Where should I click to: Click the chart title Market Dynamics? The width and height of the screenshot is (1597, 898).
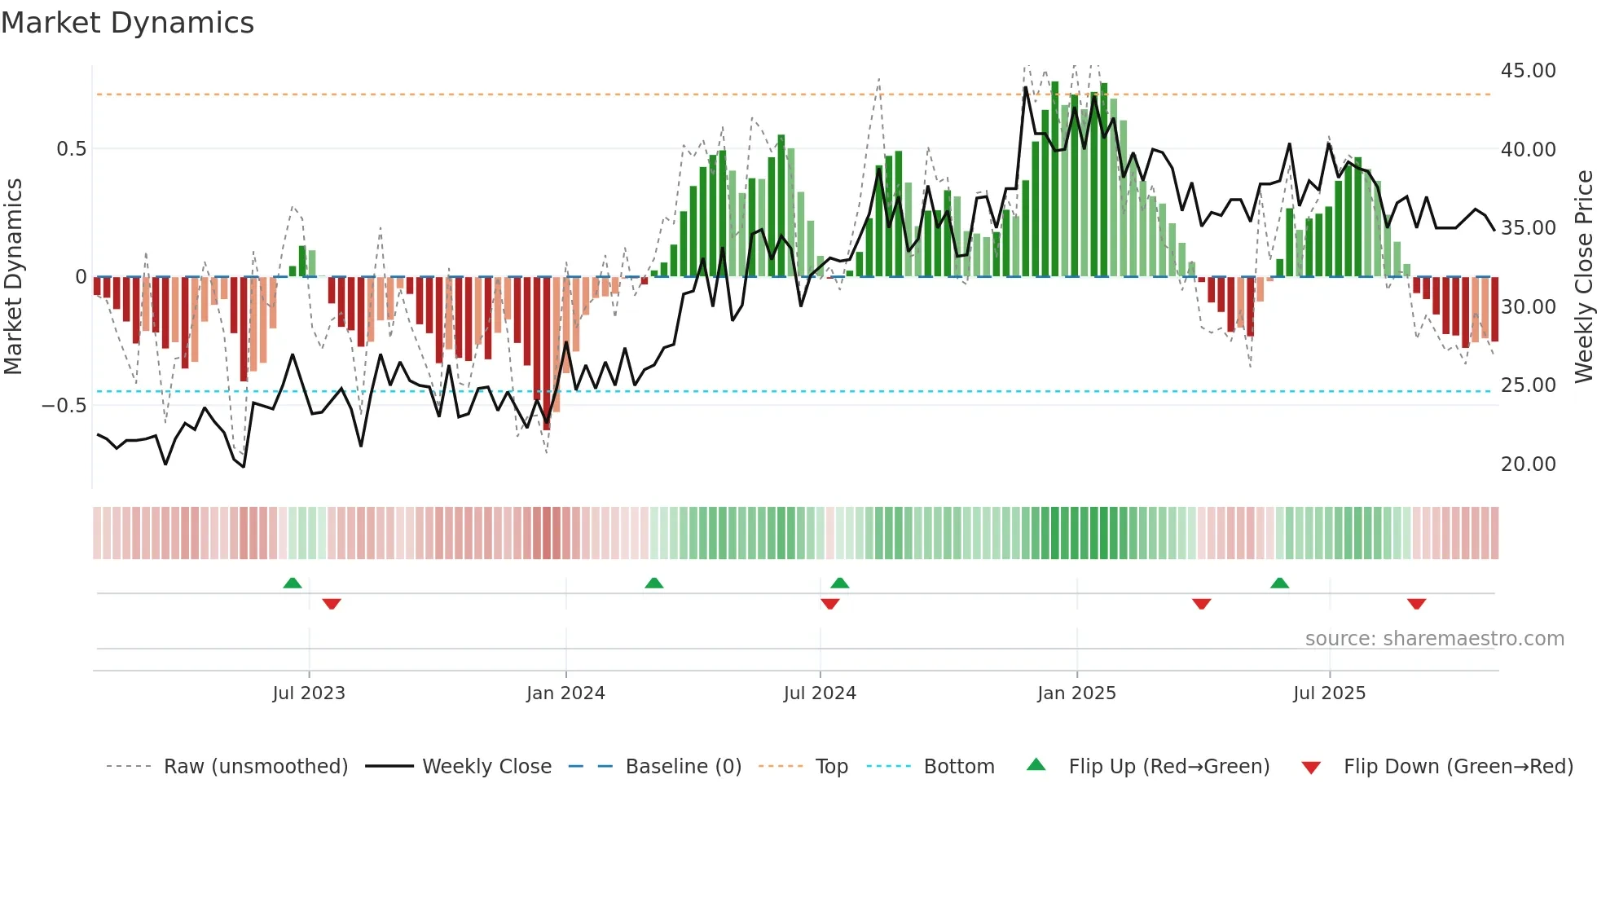point(128,23)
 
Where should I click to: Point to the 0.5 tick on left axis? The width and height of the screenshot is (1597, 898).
point(71,149)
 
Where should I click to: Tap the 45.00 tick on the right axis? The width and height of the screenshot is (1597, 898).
point(1528,71)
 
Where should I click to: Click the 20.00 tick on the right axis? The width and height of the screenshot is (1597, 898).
point(1528,464)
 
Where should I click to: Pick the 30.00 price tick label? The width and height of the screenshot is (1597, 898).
point(1528,307)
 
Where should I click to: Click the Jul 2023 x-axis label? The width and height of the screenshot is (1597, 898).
point(309,693)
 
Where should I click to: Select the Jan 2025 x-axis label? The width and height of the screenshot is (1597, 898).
point(1076,693)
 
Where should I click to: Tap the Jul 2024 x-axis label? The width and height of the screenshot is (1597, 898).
point(820,693)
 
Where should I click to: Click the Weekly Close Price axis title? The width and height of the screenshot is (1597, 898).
point(1583,277)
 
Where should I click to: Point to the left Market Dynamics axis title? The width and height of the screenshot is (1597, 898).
point(13,277)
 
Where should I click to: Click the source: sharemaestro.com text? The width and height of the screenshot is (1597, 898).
point(1434,639)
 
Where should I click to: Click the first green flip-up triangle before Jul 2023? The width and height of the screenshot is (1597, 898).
point(293,583)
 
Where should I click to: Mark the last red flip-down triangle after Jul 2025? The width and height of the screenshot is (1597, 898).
point(1416,604)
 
